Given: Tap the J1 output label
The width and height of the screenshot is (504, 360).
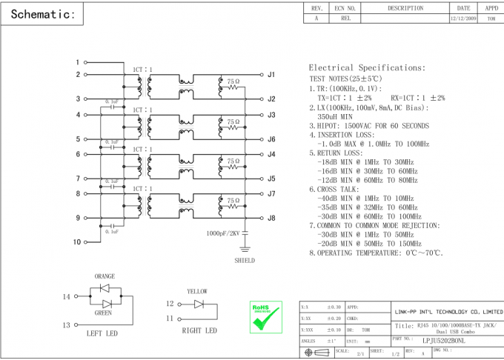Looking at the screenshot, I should [271, 75].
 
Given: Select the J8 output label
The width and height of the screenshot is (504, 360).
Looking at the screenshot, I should [271, 218].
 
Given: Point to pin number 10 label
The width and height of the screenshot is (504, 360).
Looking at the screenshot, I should [76, 242].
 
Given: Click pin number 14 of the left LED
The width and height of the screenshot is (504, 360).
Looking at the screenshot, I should [66, 297].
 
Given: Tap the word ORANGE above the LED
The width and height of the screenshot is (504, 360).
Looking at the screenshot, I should [105, 276].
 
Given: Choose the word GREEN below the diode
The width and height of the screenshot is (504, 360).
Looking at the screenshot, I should [104, 313].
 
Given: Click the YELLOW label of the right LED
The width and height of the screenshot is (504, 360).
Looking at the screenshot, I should [197, 291].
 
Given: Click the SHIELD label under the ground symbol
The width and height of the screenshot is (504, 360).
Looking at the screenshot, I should [245, 261].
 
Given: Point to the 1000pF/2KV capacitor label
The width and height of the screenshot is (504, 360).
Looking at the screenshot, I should [224, 233].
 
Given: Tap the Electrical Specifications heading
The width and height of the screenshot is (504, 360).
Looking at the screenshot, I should [367, 67].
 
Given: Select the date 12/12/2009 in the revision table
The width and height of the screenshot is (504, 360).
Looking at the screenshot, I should [463, 19].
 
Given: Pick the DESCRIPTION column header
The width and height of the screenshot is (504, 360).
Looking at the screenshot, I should [405, 8].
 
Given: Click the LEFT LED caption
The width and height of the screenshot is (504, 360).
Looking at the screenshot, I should [102, 333].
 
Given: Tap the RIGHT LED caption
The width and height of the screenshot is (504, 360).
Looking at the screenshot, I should [199, 330].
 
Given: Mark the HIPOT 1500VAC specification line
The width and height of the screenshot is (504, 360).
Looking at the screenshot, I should [368, 126].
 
